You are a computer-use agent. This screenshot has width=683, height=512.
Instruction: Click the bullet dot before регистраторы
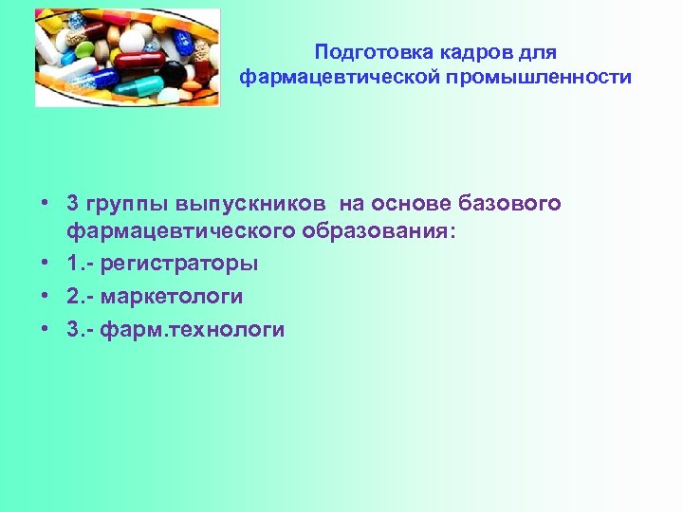click(x=45, y=264)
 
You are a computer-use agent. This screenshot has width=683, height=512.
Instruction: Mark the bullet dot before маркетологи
click(x=45, y=297)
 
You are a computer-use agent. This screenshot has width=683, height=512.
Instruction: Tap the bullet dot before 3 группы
click(x=45, y=203)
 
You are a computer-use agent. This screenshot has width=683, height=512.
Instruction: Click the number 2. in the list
click(x=75, y=297)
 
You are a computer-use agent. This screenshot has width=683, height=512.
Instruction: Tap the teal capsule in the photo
click(x=139, y=87)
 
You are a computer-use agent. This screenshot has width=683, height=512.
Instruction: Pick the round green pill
click(x=85, y=49)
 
